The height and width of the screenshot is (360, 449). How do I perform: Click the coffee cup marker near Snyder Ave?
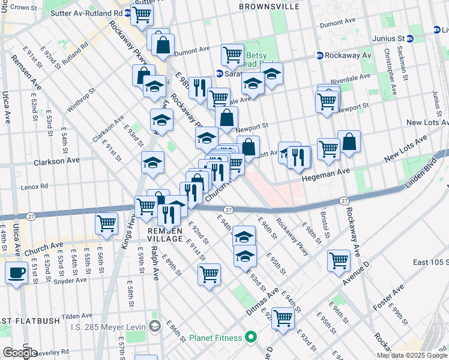[x=16, y=273]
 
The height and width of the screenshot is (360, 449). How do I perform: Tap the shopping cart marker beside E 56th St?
[x=106, y=224]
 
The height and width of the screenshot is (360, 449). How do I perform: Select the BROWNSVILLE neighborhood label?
[x=268, y=6]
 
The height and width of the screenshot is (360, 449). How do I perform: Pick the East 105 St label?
[x=430, y=262]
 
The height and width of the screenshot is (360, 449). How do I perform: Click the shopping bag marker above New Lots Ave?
[x=349, y=142]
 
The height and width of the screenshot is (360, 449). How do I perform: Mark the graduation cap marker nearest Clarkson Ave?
[x=152, y=163]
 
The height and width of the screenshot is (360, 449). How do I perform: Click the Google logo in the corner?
[x=19, y=353]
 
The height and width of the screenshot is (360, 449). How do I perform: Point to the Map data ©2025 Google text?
[x=412, y=355]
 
